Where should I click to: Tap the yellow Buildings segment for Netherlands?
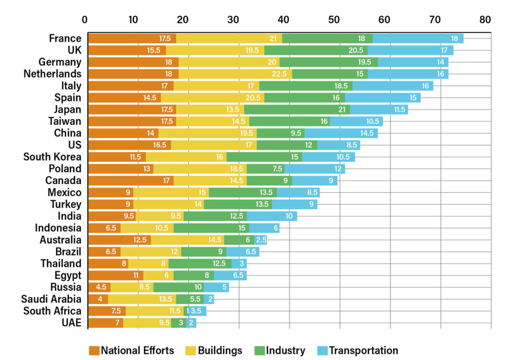point(235,74)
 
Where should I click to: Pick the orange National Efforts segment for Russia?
point(99,287)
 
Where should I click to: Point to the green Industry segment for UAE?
point(178,323)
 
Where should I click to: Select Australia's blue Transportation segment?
point(261,240)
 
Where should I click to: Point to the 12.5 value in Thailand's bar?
point(218,264)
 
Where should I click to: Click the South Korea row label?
point(52,157)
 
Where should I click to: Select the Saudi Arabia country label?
point(51,299)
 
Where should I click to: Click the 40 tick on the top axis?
point(284,20)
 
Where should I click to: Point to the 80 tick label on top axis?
point(485,20)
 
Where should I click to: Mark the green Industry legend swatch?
point(261,351)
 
